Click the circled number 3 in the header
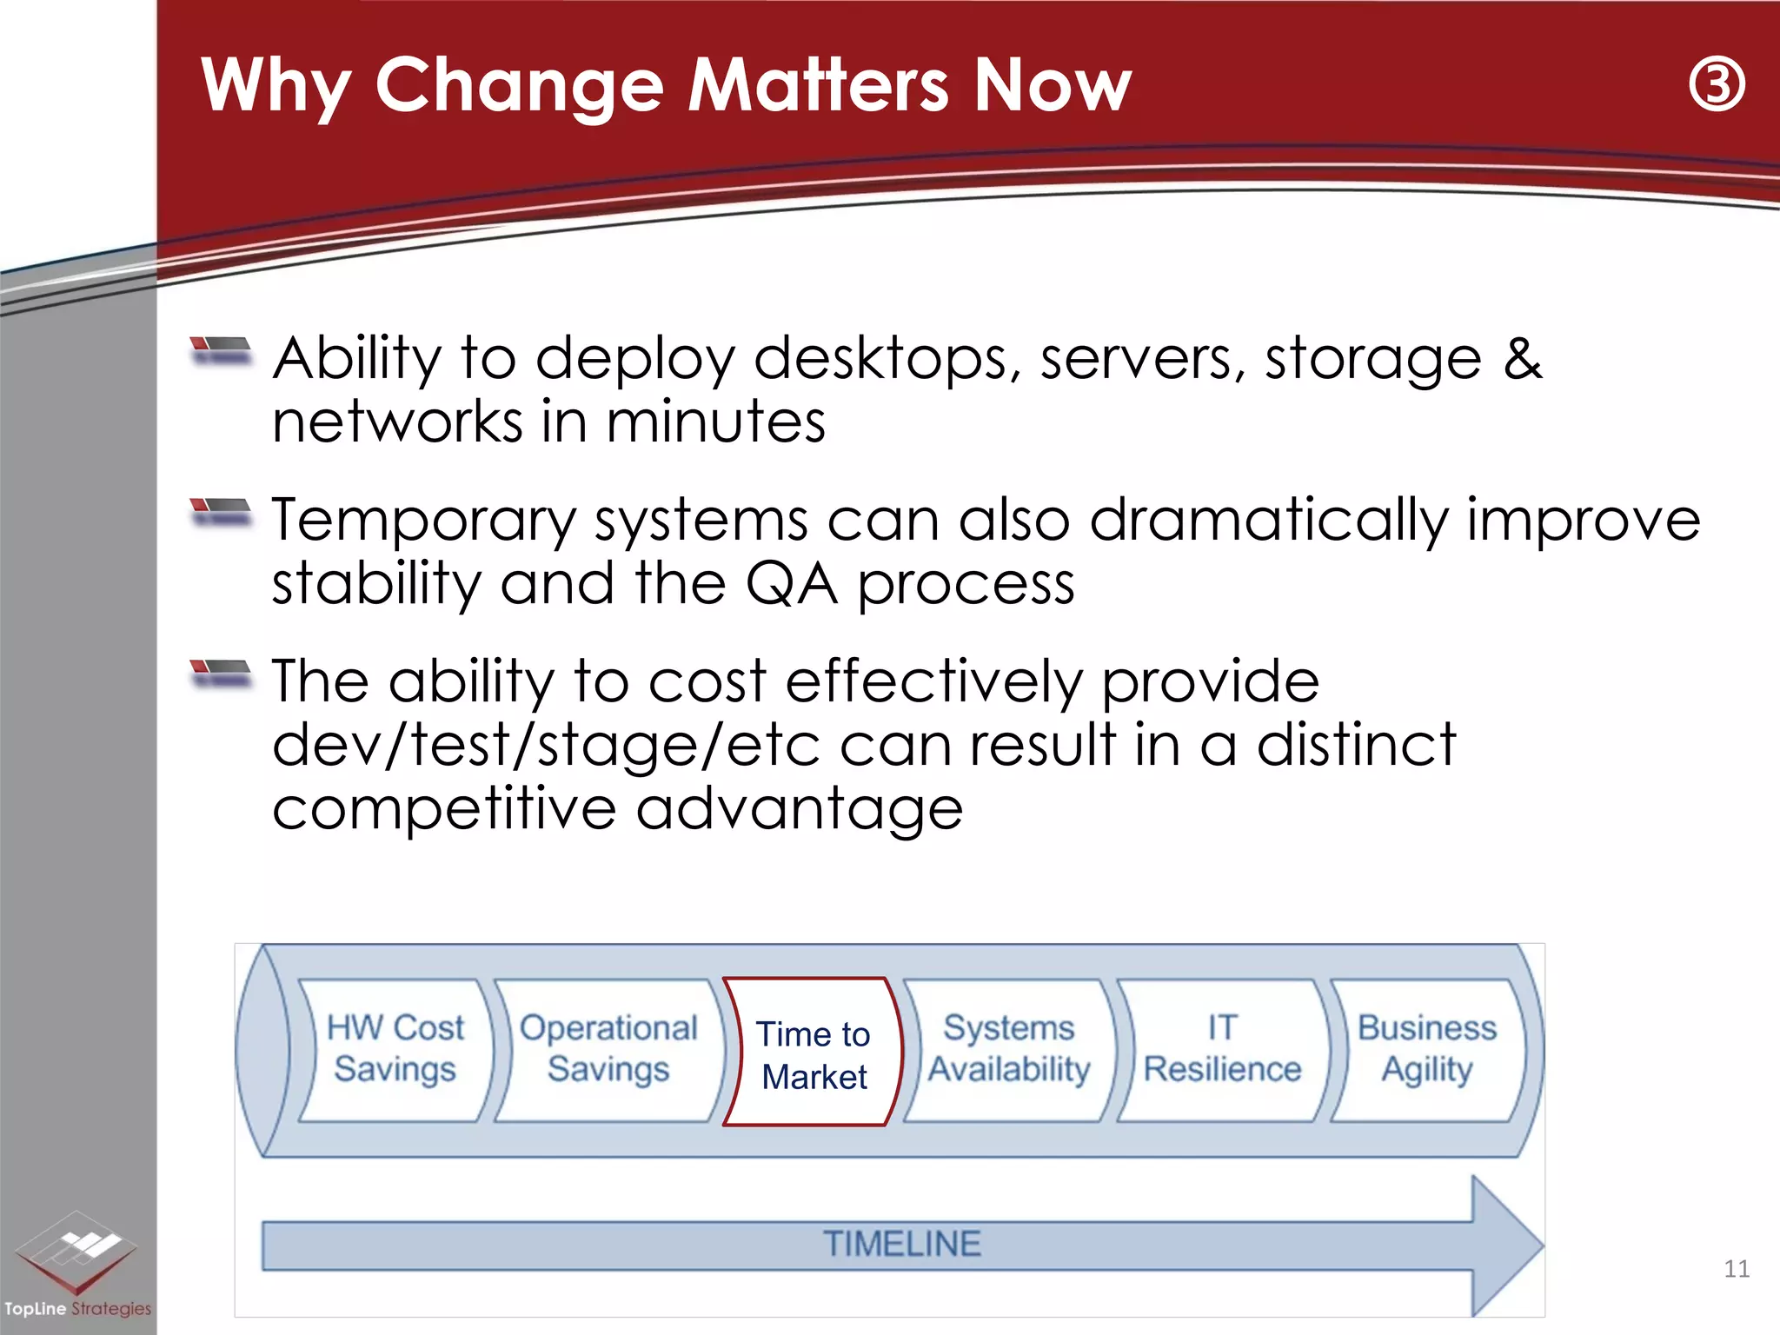(1717, 84)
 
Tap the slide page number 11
(1736, 1269)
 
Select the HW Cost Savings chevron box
(395, 1049)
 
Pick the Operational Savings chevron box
(608, 1049)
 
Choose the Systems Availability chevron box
(1008, 1049)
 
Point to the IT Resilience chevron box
(1222, 1049)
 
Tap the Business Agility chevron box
(1427, 1049)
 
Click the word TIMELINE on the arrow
(901, 1244)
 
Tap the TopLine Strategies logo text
(77, 1308)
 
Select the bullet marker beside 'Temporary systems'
(221, 512)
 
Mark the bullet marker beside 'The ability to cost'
(221, 674)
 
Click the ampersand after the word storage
(1523, 359)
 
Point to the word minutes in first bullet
(715, 422)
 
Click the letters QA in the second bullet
(792, 584)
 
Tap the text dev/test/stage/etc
(546, 746)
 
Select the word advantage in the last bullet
(800, 810)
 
